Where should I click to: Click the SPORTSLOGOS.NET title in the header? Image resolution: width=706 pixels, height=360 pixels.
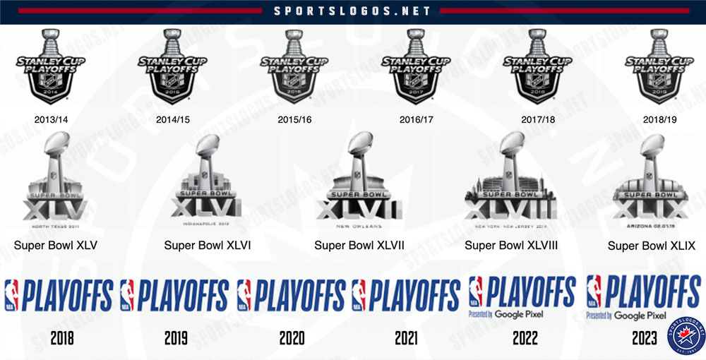click(352, 11)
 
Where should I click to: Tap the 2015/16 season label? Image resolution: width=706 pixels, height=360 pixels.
click(294, 119)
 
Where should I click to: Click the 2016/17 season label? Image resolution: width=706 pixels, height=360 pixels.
click(417, 119)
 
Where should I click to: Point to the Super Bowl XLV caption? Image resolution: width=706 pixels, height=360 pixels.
click(56, 246)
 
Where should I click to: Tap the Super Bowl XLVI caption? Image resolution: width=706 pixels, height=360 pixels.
click(208, 246)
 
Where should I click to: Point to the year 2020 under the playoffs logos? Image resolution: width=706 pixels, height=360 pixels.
click(292, 338)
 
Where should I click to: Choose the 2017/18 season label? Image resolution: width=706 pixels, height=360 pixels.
click(538, 119)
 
